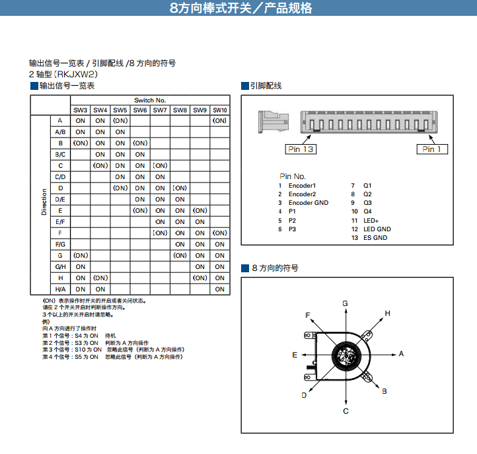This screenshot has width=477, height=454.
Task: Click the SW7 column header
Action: click(160, 110)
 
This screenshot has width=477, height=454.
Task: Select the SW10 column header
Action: click(220, 110)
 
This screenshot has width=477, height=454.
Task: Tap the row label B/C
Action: click(60, 154)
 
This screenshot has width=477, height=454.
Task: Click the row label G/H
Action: click(60, 266)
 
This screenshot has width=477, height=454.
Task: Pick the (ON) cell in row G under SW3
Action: click(81, 255)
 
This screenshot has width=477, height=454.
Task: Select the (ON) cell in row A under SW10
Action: click(220, 121)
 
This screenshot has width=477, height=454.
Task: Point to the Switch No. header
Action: click(150, 100)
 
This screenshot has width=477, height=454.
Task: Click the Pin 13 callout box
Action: click(301, 149)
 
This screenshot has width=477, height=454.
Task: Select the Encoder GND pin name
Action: click(309, 203)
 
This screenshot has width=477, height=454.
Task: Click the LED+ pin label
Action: click(371, 220)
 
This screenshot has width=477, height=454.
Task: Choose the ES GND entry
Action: click(375, 237)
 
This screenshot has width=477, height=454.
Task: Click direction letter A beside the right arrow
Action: click(401, 354)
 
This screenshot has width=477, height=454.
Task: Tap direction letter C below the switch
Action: click(346, 411)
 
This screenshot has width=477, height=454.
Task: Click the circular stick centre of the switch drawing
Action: click(345, 356)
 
